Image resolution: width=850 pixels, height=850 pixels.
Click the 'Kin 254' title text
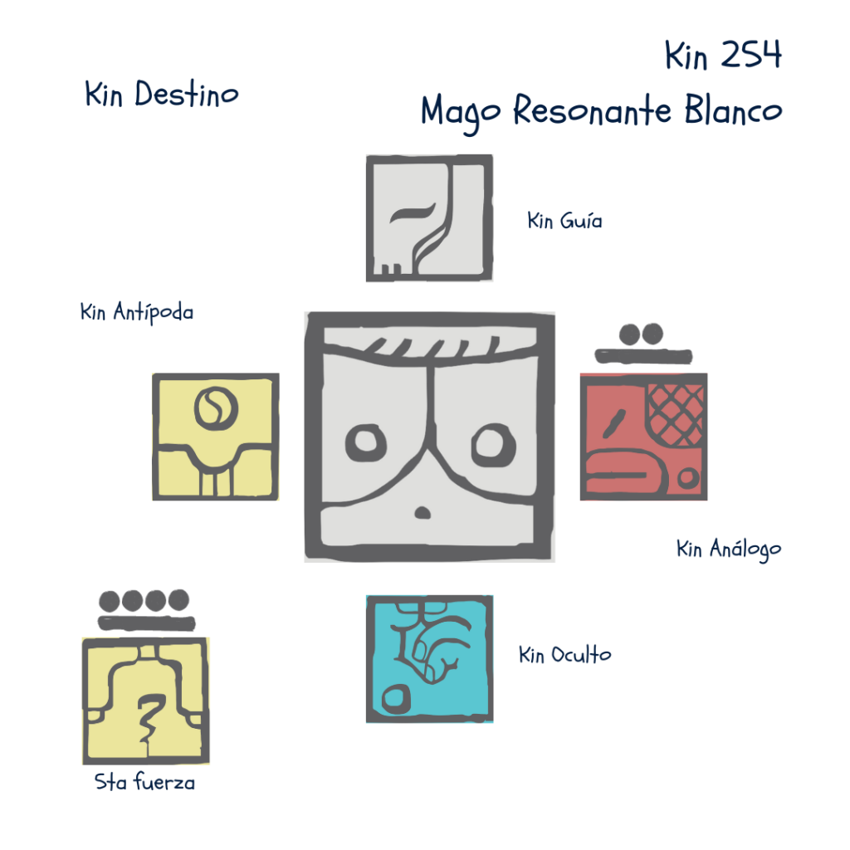pyautogui.click(x=722, y=56)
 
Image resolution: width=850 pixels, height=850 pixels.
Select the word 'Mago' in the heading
pyautogui.click(x=462, y=111)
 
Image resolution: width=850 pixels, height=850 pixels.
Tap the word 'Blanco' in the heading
pyautogui.click(x=733, y=110)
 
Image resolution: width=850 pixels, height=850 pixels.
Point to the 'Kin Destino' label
pyautogui.click(x=161, y=95)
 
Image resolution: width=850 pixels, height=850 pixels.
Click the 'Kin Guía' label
pyautogui.click(x=565, y=222)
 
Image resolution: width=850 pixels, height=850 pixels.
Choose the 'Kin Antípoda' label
pyautogui.click(x=137, y=313)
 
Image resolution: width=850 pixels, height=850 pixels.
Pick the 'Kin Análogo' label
pyautogui.click(x=729, y=550)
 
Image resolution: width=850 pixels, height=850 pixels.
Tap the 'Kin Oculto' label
pyautogui.click(x=564, y=655)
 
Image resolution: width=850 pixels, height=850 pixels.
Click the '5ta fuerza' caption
pyautogui.click(x=145, y=783)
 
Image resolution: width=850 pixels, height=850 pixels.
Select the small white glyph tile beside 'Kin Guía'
pyautogui.click(x=429, y=217)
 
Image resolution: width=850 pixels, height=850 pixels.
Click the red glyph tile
pyautogui.click(x=643, y=437)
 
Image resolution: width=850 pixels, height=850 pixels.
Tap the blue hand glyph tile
pyautogui.click(x=429, y=658)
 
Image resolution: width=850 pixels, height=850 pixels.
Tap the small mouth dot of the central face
pyautogui.click(x=423, y=512)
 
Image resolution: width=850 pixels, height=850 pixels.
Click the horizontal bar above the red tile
pyautogui.click(x=643, y=357)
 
